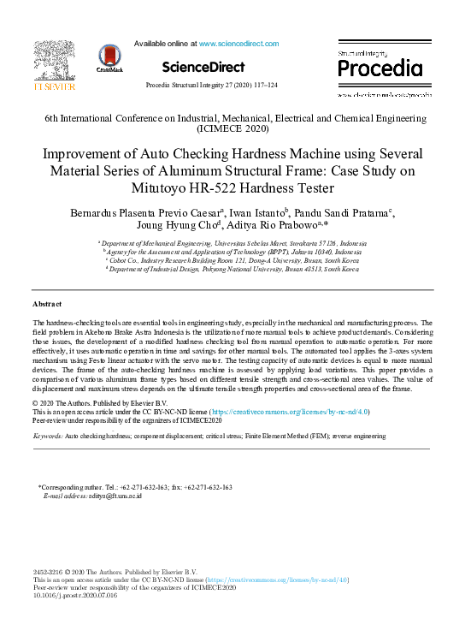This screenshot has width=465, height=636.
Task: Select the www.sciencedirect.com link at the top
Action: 235,43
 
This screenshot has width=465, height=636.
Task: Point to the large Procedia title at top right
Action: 377,69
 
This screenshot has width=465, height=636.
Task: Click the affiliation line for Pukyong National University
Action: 232,268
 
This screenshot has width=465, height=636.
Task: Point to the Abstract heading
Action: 47,304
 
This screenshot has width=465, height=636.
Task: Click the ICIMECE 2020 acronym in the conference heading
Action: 232,128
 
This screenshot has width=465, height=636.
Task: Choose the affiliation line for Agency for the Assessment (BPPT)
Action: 232,253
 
